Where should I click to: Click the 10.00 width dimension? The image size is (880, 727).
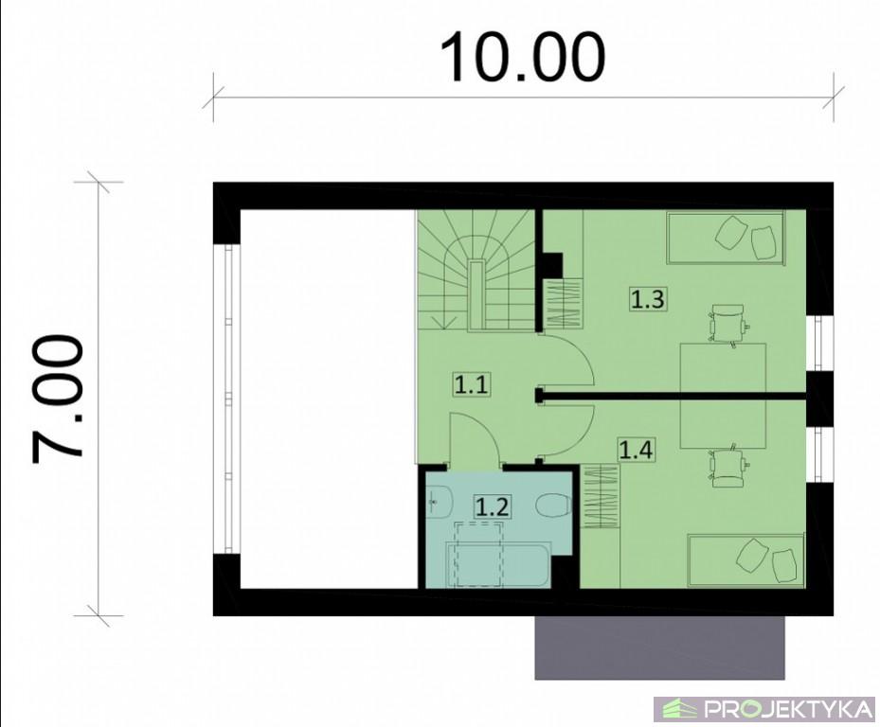click(x=522, y=57)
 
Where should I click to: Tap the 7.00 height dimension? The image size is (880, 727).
click(x=58, y=399)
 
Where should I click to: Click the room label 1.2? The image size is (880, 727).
click(x=492, y=506)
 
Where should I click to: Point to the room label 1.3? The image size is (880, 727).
click(x=648, y=299)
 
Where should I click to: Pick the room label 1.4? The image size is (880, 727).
click(x=636, y=450)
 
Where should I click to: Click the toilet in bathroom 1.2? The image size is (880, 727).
click(x=554, y=505)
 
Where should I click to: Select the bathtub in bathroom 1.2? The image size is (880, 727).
click(x=499, y=564)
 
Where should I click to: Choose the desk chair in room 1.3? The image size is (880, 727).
click(x=727, y=325)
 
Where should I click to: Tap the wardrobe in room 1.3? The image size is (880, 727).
click(x=564, y=304)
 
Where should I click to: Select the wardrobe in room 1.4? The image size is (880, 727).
click(x=600, y=496)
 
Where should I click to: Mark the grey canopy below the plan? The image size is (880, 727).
click(x=659, y=647)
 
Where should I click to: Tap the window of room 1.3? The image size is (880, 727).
click(x=820, y=343)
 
